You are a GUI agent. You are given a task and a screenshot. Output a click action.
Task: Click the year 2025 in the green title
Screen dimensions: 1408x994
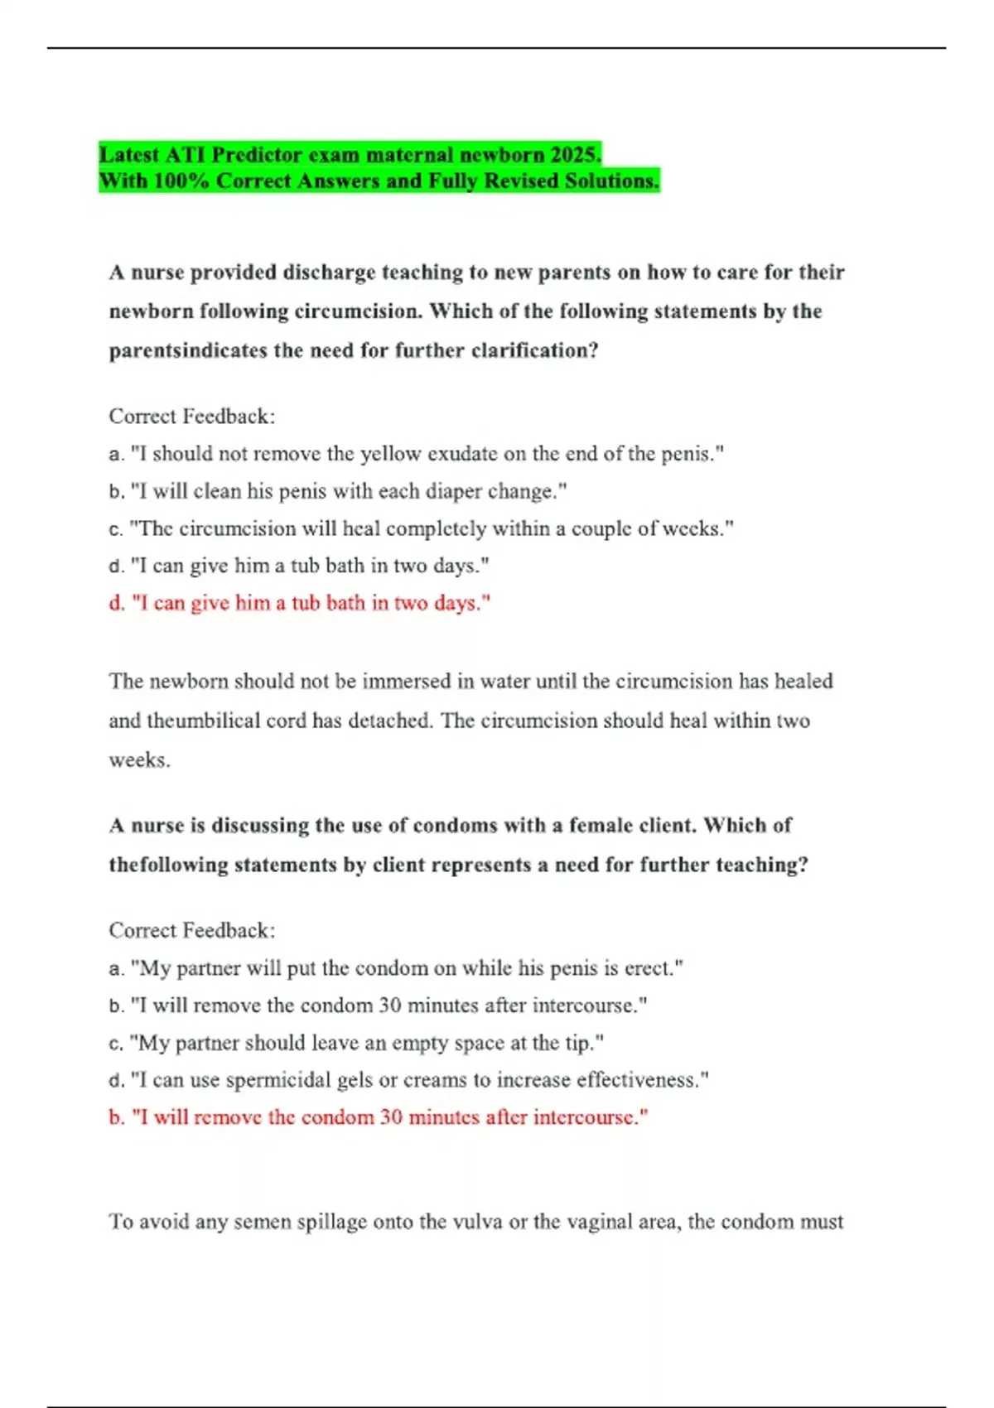[576, 155]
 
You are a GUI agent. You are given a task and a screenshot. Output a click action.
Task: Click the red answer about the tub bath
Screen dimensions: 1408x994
[300, 603]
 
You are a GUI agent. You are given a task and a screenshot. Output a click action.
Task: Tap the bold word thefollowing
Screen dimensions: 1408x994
[169, 865]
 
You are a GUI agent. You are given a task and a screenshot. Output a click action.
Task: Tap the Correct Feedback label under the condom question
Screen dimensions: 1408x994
[192, 931]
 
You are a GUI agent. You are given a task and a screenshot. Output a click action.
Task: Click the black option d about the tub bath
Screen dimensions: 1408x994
[299, 566]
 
